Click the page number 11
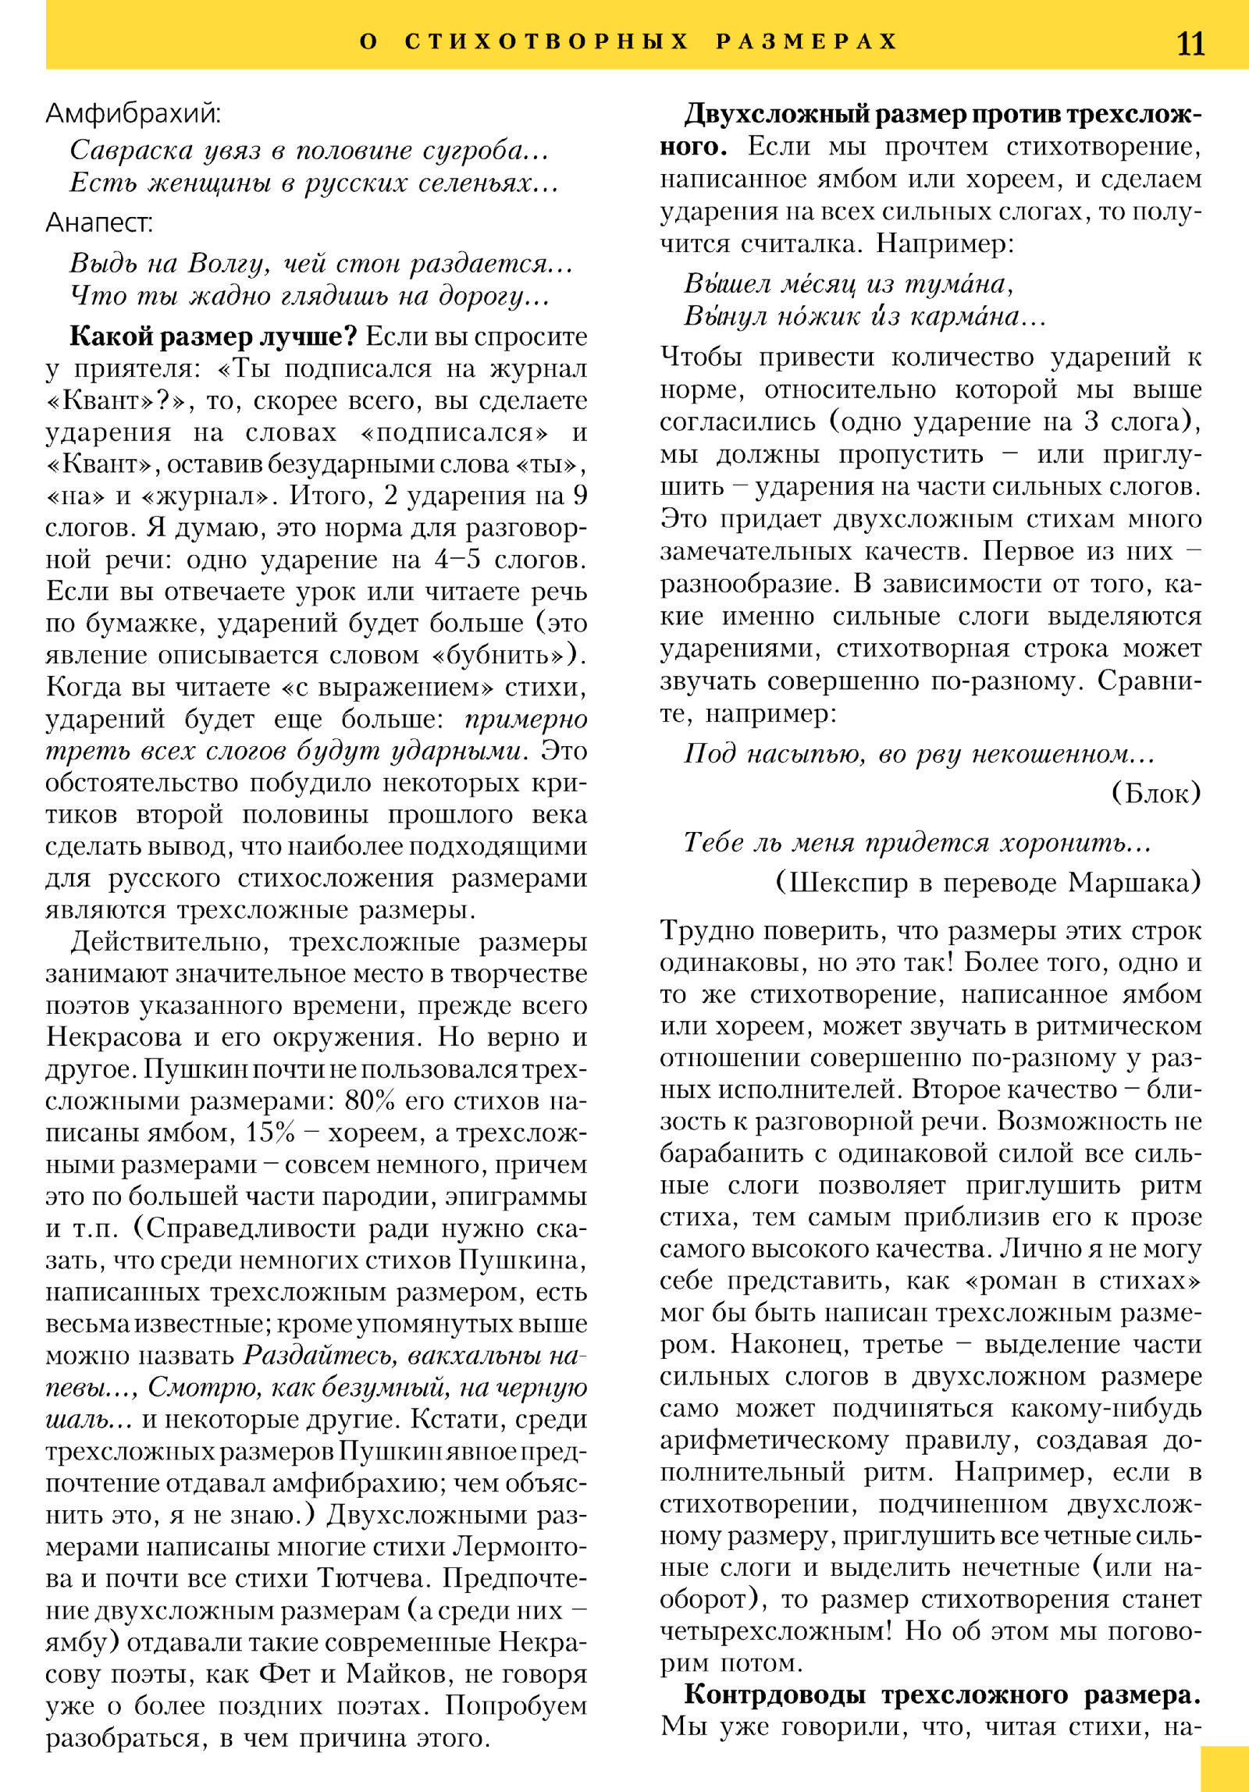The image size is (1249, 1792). [x=1190, y=43]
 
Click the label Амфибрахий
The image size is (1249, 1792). [x=133, y=114]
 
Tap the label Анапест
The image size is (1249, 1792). [x=99, y=223]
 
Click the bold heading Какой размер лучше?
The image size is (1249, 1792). [x=213, y=336]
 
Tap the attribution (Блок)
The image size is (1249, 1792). [x=1155, y=793]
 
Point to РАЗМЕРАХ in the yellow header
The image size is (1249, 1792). [x=806, y=41]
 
